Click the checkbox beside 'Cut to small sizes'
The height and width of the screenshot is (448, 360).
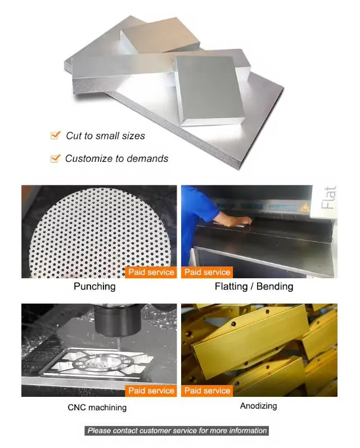(55, 135)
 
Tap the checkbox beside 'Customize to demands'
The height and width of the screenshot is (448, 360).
(55, 159)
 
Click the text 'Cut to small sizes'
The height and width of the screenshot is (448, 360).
(105, 135)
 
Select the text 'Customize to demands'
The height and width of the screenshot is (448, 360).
(116, 159)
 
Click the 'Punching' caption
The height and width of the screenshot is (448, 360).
(94, 287)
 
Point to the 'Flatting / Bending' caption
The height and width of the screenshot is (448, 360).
(254, 287)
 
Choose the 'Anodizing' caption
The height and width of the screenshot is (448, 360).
(258, 405)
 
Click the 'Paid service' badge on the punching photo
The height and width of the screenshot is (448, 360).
(151, 272)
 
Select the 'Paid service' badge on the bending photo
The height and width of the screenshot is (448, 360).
(207, 272)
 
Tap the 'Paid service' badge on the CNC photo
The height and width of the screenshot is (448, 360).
(151, 391)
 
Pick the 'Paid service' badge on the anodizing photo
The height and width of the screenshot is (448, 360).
(207, 391)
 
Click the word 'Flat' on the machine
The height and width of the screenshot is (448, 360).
(329, 198)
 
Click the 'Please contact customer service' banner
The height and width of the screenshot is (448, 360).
(177, 431)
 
